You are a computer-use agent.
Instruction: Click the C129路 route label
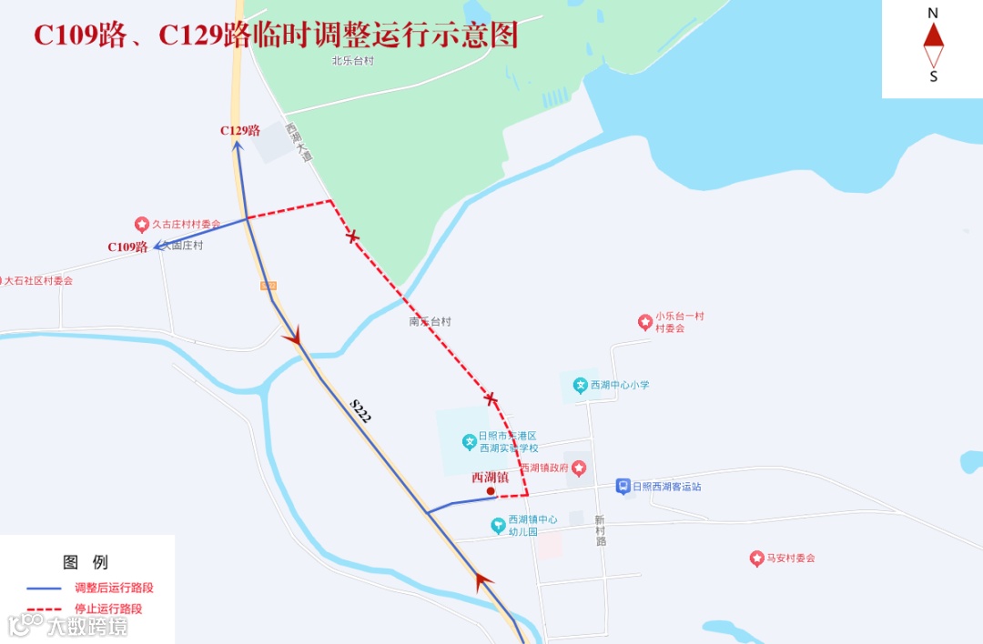(240, 130)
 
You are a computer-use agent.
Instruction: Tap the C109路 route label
(127, 247)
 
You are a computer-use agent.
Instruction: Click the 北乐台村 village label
(353, 61)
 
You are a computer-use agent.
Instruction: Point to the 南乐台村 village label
(431, 322)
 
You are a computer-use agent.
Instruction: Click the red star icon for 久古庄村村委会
(142, 224)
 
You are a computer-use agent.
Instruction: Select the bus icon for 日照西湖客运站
(623, 487)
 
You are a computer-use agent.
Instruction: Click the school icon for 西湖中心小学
(580, 385)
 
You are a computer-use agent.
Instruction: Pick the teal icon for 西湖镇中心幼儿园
(498, 525)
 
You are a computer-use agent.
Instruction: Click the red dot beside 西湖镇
(491, 491)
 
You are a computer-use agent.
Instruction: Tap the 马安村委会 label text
(790, 558)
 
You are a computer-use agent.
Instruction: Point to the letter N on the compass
(933, 13)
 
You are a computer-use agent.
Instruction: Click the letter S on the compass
(933, 77)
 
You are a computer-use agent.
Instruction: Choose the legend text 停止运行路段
(108, 609)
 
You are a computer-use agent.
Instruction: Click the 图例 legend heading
(86, 561)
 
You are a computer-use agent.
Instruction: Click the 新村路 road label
(601, 529)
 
